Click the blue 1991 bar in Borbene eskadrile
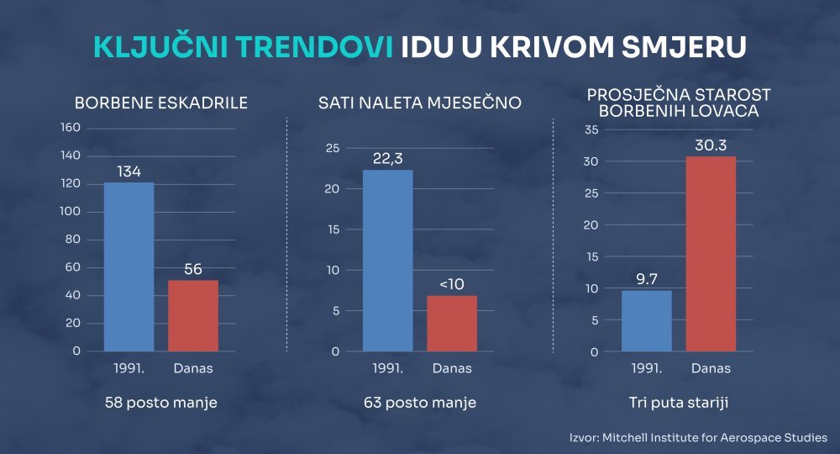pos(129,267)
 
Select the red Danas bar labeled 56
pos(193,315)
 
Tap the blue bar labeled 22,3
pos(387,261)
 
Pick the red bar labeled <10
pos(452,323)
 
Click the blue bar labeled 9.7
pos(646,321)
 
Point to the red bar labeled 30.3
pos(711,254)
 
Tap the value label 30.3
pos(711,145)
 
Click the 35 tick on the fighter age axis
pos(591,129)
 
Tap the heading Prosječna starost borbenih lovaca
pos(679,101)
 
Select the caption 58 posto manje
pos(161,403)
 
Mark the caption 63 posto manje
pos(420,403)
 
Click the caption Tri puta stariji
pos(679,403)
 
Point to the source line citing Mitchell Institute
pos(698,437)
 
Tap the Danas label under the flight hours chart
pos(452,368)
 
